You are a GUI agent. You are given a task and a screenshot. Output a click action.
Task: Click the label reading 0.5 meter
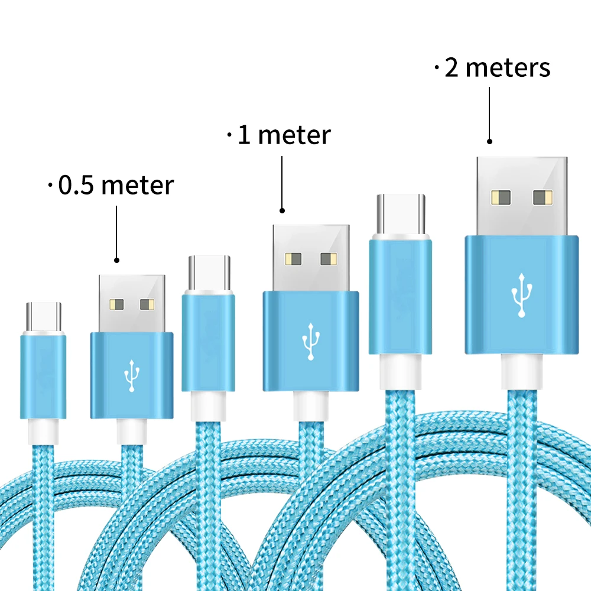(x=116, y=186)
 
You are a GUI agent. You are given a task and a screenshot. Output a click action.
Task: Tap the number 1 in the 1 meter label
(x=243, y=135)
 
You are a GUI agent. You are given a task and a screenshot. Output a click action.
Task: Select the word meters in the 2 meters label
(x=508, y=67)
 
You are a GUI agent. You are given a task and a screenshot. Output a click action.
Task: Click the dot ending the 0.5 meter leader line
(x=116, y=260)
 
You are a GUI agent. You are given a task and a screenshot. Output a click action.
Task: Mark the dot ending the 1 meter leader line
(x=282, y=210)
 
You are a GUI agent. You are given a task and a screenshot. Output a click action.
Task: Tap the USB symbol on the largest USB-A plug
(x=521, y=295)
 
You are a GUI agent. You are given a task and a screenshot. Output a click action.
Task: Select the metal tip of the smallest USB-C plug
(x=44, y=318)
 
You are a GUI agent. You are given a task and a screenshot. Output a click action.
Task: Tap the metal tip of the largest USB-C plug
(x=400, y=214)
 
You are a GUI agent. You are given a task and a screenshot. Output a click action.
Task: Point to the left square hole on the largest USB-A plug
(x=501, y=197)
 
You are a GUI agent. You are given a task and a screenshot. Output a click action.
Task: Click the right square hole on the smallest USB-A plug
(x=147, y=305)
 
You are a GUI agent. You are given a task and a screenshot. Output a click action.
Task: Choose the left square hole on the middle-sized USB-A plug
(x=293, y=258)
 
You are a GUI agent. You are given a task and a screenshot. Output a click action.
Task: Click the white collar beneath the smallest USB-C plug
(x=44, y=430)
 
